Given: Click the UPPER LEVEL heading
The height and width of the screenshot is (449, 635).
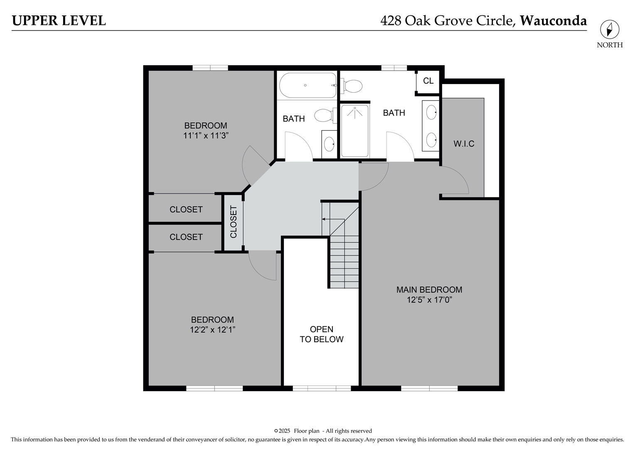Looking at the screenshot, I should coord(59,20).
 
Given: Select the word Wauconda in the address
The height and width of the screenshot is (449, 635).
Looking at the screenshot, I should coord(553,20).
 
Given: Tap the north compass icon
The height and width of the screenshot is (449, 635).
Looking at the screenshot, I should coord(609,30).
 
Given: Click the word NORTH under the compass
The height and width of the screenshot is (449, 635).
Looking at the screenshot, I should coord(610,45).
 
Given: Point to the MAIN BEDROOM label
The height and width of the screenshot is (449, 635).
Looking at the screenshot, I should coord(429,290).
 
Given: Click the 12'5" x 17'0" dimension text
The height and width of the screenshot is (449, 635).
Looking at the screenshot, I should coord(429,300).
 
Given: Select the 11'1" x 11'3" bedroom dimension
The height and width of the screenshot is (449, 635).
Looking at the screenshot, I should coord(206,136).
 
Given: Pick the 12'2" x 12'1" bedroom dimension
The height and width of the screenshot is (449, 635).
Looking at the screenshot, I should coord(212,330).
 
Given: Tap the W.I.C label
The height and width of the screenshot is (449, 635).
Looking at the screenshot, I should coord(464,144).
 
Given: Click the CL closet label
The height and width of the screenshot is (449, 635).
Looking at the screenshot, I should coord(428,81).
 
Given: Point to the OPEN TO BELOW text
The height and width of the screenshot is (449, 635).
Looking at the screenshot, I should coord(322,334).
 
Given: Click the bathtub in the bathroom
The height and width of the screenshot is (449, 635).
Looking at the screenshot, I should coord(308,86).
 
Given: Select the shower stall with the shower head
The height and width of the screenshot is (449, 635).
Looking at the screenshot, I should coord(354,131).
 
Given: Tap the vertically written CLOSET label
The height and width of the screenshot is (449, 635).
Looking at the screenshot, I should coord(234,222).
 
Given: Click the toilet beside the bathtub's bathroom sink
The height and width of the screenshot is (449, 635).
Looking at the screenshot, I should coord(325,115).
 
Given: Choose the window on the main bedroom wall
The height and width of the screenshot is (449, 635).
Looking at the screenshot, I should coord(429,388).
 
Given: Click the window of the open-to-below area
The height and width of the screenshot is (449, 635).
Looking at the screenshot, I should coord(322,388).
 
